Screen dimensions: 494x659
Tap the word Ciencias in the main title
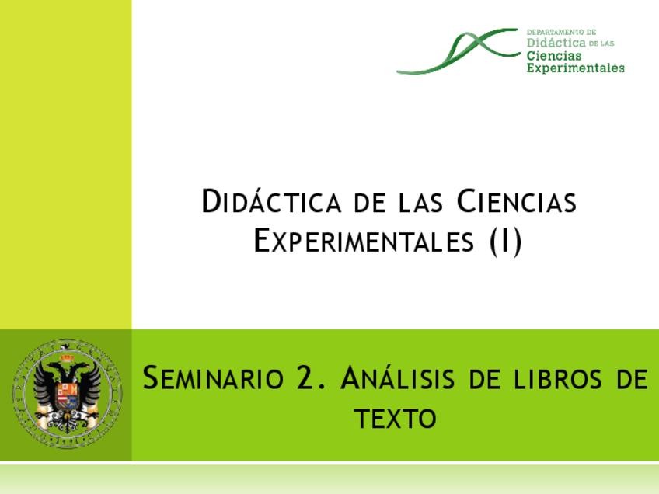tap(516, 202)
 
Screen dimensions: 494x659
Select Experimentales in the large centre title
tap(363, 242)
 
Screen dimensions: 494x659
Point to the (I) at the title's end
tap(506, 242)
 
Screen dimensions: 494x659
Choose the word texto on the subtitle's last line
tap(395, 419)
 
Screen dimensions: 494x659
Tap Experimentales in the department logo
tap(575, 68)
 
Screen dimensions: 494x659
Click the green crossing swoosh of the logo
tap(459, 50)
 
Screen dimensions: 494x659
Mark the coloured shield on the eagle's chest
tap(67, 397)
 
